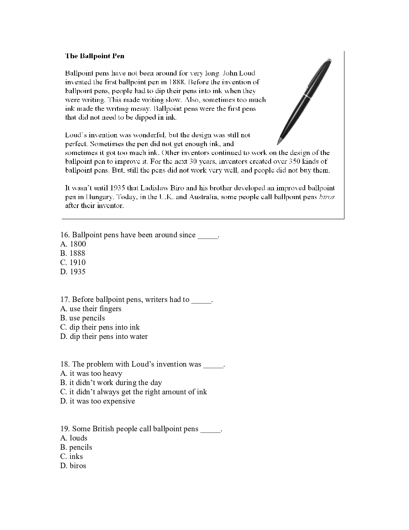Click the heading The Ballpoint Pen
click(95, 56)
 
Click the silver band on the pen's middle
click(308, 96)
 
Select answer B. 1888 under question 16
click(73, 253)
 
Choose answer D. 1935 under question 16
click(73, 272)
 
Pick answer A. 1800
click(73, 244)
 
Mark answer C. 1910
click(73, 263)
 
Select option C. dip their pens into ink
click(100, 327)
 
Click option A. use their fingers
click(91, 309)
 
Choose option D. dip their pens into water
click(104, 336)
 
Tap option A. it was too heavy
click(91, 373)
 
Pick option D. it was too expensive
click(97, 401)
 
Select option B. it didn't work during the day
click(111, 383)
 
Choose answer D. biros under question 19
click(73, 466)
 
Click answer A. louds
click(74, 438)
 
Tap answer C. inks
click(71, 457)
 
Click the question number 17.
click(65, 300)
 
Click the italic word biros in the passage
click(326, 197)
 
